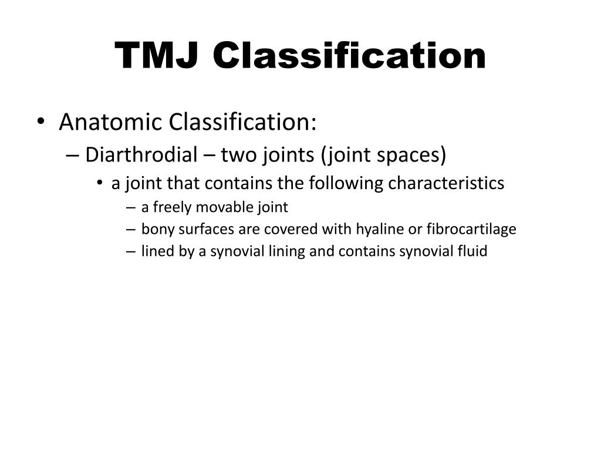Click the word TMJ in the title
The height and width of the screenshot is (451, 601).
click(158, 56)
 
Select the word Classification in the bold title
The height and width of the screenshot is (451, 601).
click(349, 56)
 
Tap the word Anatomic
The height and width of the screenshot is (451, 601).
click(110, 123)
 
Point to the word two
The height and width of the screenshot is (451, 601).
click(236, 155)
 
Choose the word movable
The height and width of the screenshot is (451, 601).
click(217, 207)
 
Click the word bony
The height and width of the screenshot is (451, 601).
click(154, 230)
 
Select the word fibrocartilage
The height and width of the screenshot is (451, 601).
click(468, 230)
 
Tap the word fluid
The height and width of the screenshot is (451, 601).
click(474, 252)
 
